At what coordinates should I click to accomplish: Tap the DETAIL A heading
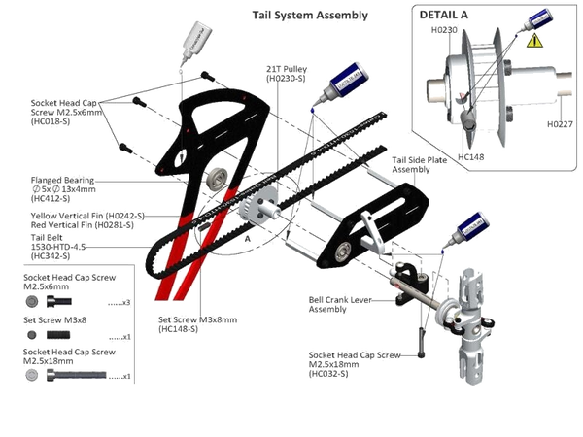point(446,17)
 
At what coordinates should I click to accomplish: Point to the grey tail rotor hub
point(471,320)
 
